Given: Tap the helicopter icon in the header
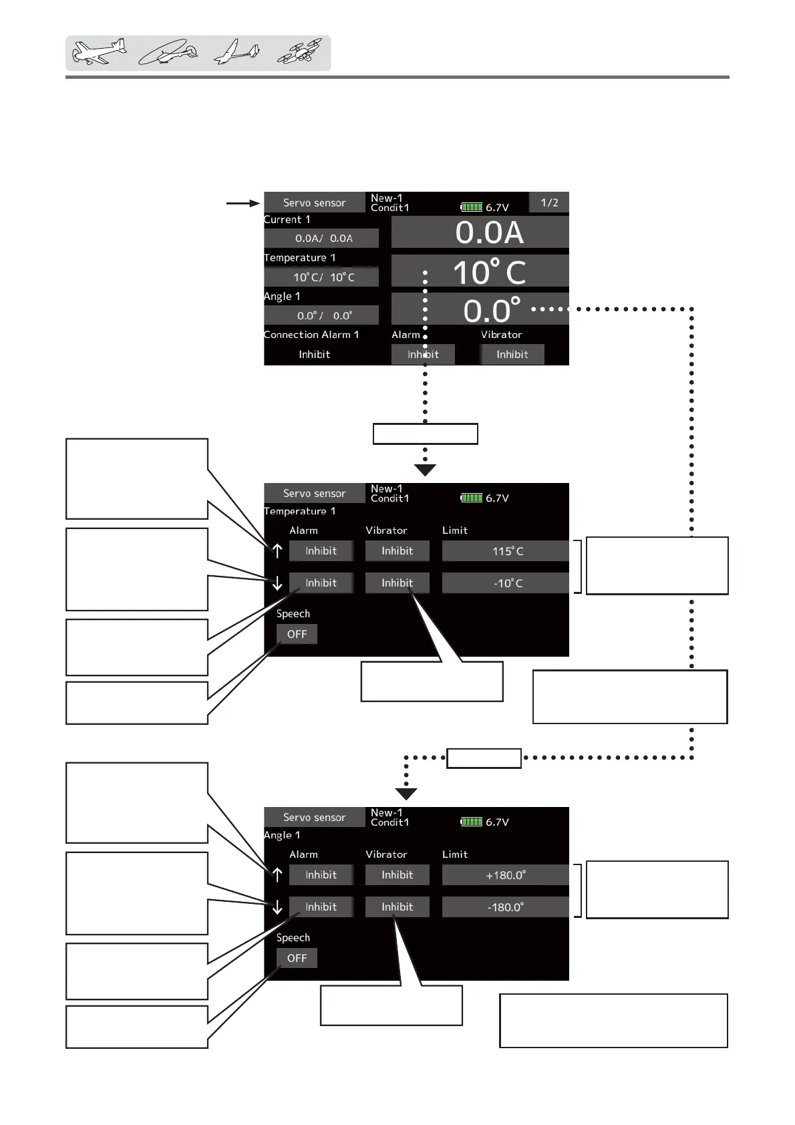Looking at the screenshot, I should point(168,53).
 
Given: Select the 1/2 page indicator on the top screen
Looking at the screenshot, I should point(549,202).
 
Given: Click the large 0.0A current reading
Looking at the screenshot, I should point(488,232).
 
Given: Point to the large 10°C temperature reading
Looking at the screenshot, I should point(488,271).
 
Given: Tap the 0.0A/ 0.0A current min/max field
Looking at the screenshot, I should point(323,238).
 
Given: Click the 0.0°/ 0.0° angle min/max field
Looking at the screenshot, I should point(323,315).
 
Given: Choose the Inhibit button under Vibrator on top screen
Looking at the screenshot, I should point(512,355).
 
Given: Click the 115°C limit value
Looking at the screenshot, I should point(507,551).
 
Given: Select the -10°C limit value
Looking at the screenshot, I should point(507,583).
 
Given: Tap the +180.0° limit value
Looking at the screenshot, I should point(505,875).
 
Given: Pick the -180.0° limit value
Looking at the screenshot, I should point(505,907).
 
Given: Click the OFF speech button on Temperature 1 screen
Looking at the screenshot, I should point(297,634).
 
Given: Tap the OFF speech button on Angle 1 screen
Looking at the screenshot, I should point(297,958).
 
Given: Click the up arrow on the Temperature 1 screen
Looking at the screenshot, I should point(277,550).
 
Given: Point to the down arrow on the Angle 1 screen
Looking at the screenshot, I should point(277,907).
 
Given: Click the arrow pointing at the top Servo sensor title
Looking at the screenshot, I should point(243,203).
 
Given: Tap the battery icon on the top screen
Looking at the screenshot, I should point(472,207).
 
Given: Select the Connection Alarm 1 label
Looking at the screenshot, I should point(311,335).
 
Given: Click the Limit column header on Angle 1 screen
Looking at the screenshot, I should point(455,854).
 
